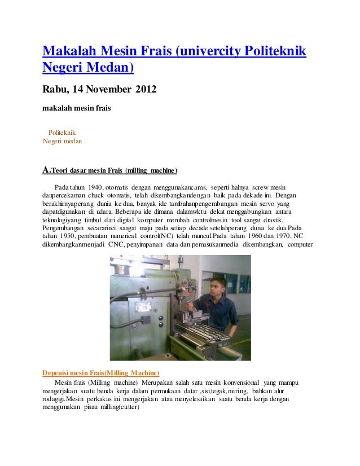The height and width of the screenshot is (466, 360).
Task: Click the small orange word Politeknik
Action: coord(66,133)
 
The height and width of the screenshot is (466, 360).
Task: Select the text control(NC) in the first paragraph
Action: coord(157,235)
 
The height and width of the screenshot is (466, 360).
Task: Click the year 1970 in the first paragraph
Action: coord(274,235)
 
